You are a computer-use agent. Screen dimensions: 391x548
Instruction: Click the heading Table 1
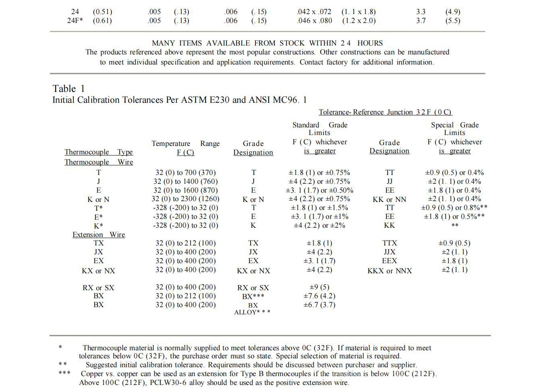pos(68,89)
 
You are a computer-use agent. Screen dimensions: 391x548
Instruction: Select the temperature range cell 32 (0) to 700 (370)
pos(185,173)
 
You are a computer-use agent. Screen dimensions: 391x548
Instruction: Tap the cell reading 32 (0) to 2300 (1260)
pos(185,199)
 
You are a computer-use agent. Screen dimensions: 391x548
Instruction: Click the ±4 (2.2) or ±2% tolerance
pos(319,225)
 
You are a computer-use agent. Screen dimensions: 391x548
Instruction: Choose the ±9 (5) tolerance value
pos(319,287)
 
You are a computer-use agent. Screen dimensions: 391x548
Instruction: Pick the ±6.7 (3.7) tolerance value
pos(319,305)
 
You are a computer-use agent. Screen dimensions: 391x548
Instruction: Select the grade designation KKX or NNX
pos(389,271)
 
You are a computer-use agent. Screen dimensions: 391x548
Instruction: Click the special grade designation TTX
pos(389,243)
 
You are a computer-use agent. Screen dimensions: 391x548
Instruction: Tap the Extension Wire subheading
pos(99,235)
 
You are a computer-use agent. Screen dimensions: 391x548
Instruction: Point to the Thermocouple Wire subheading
pos(99,162)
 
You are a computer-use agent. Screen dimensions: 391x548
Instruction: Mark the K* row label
pos(98,226)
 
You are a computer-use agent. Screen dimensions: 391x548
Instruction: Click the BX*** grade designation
pos(253,296)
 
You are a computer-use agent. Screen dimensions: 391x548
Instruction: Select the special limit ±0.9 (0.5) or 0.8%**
pos(454,208)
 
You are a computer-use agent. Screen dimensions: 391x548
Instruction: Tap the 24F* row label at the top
pos(75,21)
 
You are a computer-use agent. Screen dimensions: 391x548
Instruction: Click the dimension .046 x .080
pos(314,21)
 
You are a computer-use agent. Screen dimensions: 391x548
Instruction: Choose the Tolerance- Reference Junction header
pos(385,112)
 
